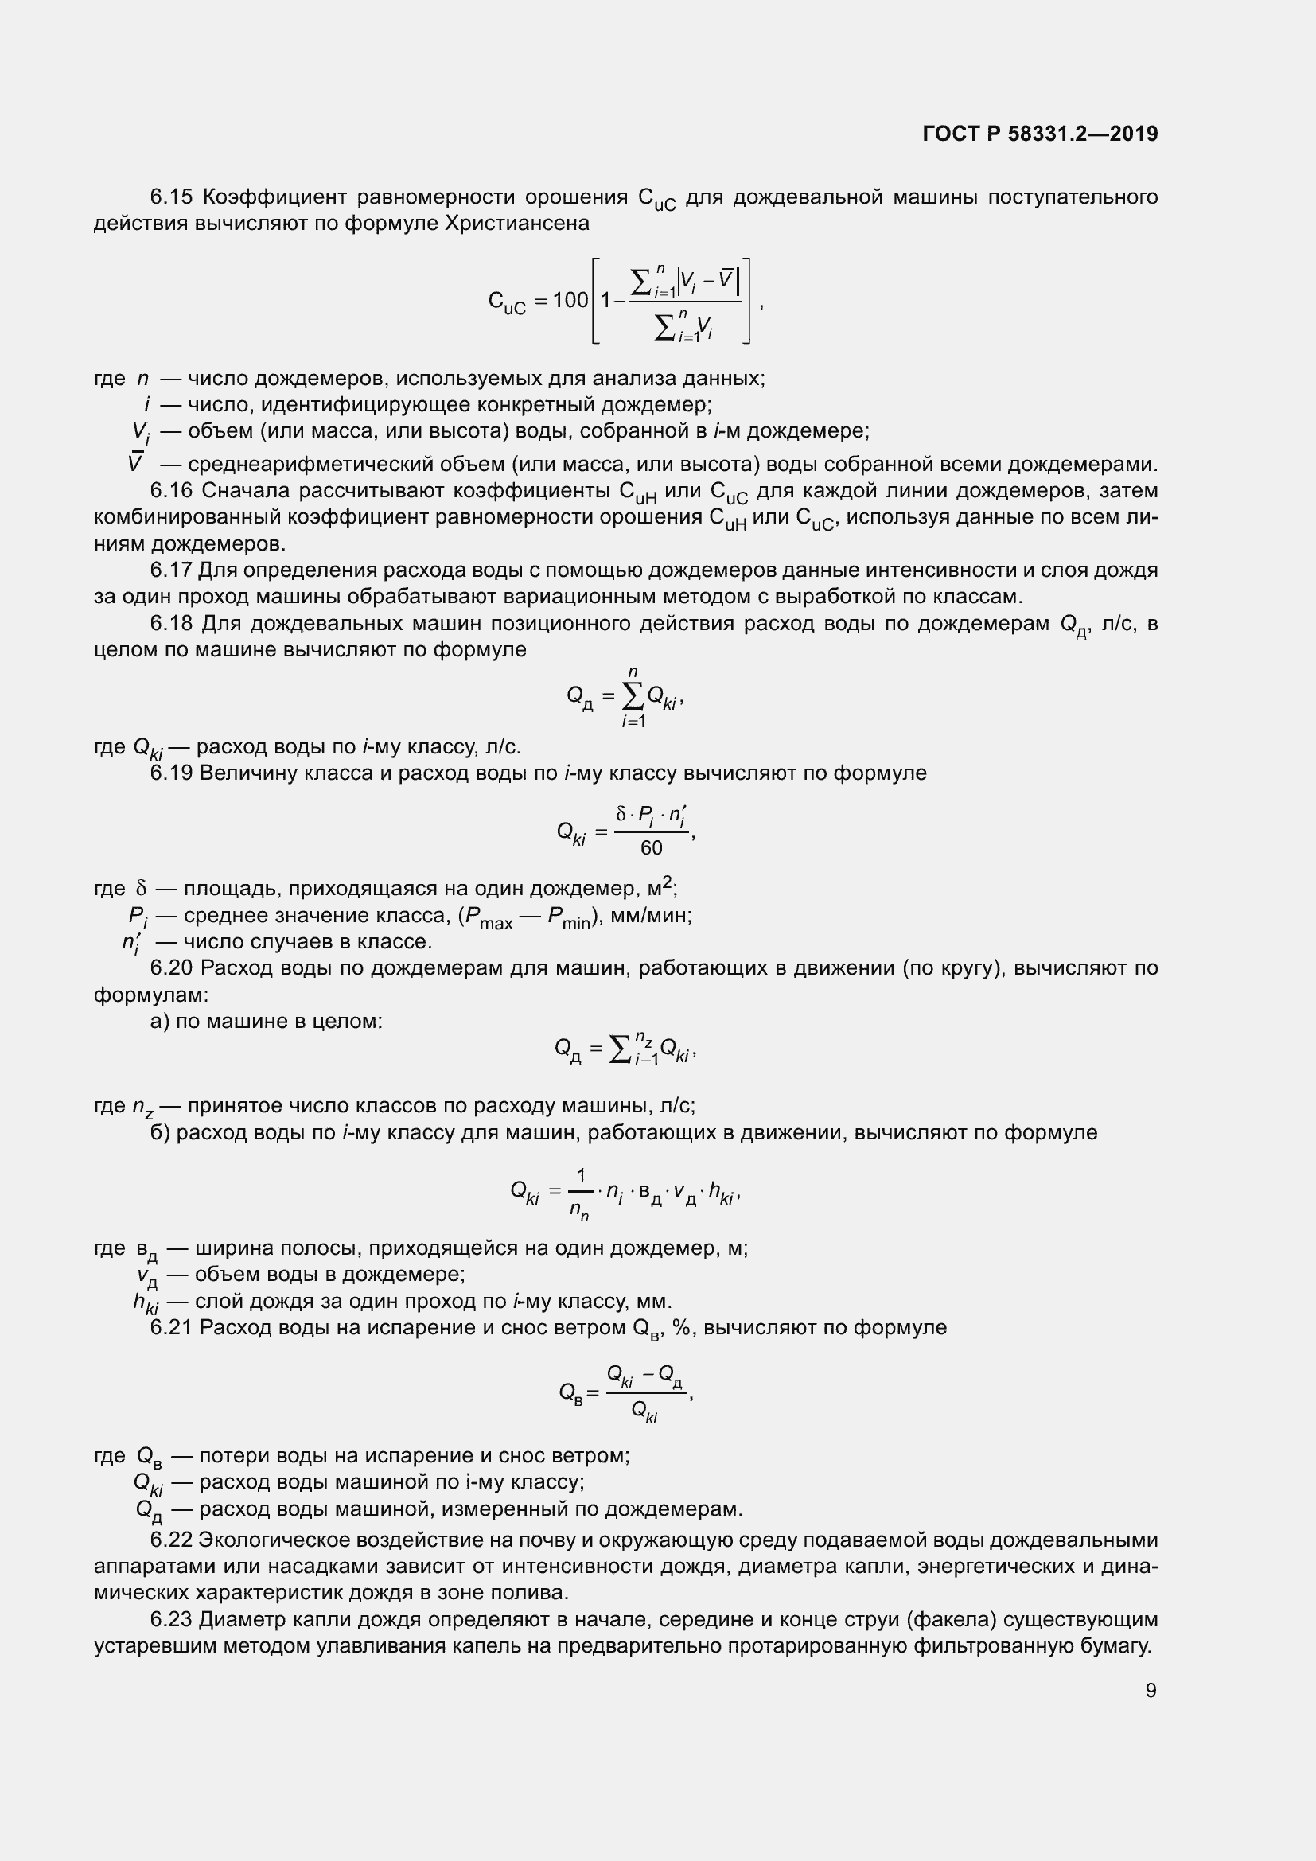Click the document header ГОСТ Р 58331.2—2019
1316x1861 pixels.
1040,134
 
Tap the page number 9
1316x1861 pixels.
1151,1690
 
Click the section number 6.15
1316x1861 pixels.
171,197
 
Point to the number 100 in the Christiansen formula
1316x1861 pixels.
570,301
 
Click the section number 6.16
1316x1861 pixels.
171,490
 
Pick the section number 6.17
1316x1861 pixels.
171,570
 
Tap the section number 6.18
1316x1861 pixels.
171,623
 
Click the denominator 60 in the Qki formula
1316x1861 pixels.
652,848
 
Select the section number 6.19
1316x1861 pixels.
171,773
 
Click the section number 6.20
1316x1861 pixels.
171,967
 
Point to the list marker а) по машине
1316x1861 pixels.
160,1021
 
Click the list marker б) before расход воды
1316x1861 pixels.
160,1132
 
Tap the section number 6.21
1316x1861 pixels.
171,1327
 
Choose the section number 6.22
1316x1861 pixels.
171,1540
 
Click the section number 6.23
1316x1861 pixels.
171,1619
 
